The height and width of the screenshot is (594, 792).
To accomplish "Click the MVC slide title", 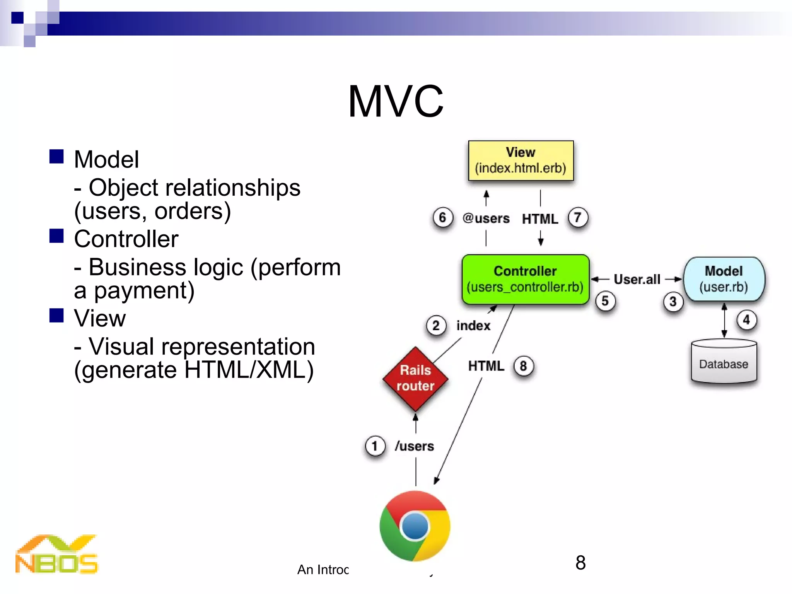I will click(396, 101).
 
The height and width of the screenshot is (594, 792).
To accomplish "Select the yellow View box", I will click(521, 160).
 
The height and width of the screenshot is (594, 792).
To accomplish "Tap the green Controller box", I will click(525, 279).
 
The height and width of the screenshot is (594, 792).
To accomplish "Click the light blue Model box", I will click(724, 279).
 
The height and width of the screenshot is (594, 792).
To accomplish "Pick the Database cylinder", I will click(724, 362).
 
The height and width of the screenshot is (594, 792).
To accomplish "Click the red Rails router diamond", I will click(415, 379).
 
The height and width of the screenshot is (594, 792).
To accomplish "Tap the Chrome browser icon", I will click(415, 526).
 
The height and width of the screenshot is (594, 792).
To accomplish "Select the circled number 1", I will click(375, 446).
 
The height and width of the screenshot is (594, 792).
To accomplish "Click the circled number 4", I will click(746, 320).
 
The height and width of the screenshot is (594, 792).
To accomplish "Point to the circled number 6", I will click(442, 218).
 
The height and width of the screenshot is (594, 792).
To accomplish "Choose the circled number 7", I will click(578, 218).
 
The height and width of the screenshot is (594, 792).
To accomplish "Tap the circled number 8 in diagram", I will click(523, 365).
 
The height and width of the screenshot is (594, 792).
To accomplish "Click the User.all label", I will click(637, 279).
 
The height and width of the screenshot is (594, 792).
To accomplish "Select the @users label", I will click(486, 218).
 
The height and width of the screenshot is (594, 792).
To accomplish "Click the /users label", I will click(414, 446).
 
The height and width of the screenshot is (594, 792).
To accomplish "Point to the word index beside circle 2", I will click(473, 326).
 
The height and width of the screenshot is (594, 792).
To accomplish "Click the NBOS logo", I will click(56, 555).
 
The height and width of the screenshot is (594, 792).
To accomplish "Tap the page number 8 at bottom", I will click(580, 563).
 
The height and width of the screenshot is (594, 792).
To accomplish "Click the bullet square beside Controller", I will click(56, 236).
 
